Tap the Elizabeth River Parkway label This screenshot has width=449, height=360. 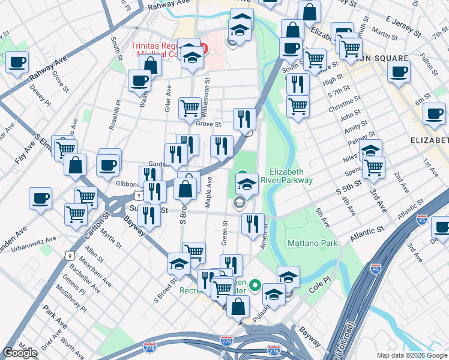(x=291, y=176)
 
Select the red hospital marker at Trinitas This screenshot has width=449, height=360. (x=204, y=48)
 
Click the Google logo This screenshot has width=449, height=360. (x=20, y=352)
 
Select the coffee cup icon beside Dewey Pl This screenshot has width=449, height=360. (x=17, y=61)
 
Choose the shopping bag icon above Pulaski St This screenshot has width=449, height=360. (x=238, y=305)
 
